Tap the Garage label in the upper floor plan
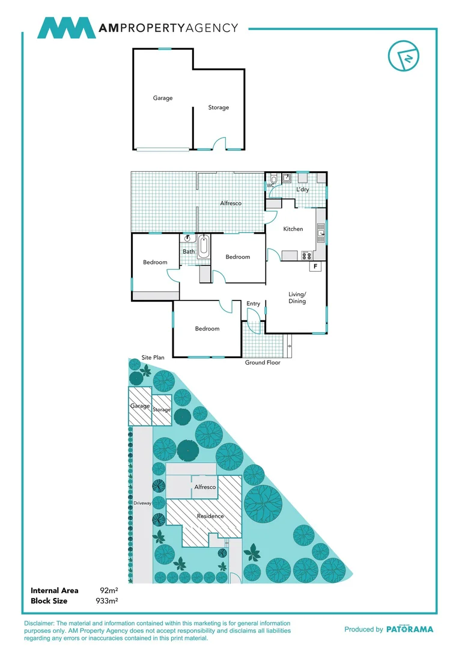[162, 98]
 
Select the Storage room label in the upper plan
[219, 108]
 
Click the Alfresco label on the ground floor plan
[231, 203]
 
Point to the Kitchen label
[293, 229]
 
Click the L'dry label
[302, 190]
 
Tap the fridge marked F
[315, 266]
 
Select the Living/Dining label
[297, 297]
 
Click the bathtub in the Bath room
[204, 247]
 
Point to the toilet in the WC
[273, 178]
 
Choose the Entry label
[254, 303]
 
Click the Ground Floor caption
[263, 362]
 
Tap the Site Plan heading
[153, 358]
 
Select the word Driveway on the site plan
[142, 502]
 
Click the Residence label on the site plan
[210, 516]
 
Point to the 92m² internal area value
[108, 591]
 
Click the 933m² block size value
[107, 600]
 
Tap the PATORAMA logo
[409, 629]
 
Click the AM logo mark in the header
[66, 28]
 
